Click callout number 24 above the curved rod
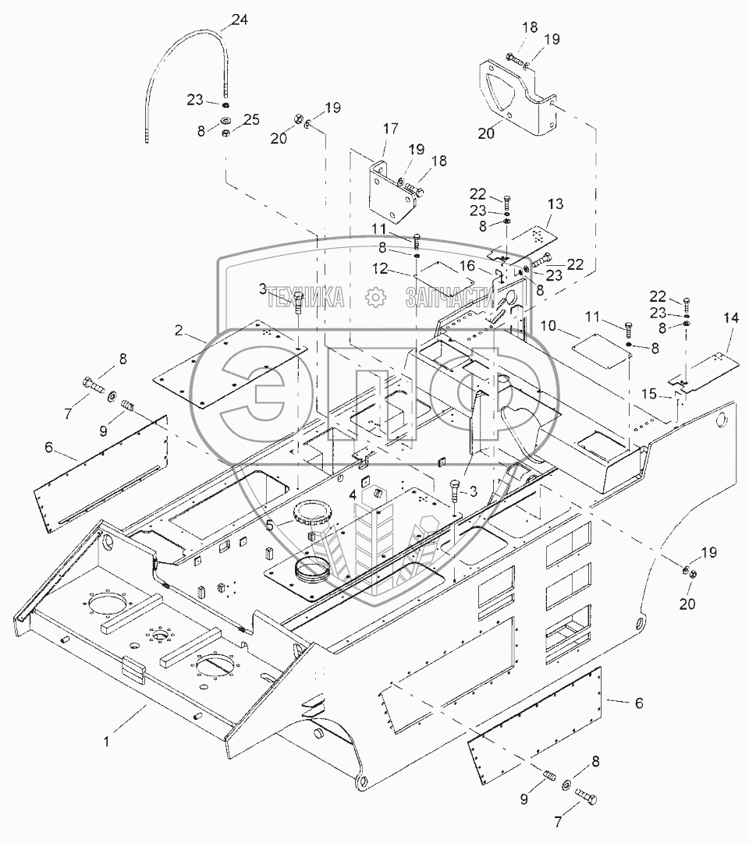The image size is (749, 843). [x=240, y=20]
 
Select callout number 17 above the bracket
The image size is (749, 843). [x=391, y=129]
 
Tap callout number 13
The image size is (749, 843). [x=556, y=204]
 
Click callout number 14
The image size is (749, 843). [x=731, y=317]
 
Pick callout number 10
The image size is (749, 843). [x=548, y=326]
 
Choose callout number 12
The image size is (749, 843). [x=381, y=268]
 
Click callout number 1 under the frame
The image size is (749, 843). [x=107, y=742]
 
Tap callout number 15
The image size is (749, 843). [x=649, y=394]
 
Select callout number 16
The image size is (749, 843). [x=467, y=266]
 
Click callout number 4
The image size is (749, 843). [x=353, y=494]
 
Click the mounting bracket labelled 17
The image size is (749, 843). [x=393, y=191]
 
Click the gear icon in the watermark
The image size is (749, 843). [x=375, y=297]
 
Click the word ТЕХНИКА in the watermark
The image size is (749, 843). [x=306, y=297]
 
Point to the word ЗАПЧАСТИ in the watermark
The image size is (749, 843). [x=449, y=297]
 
